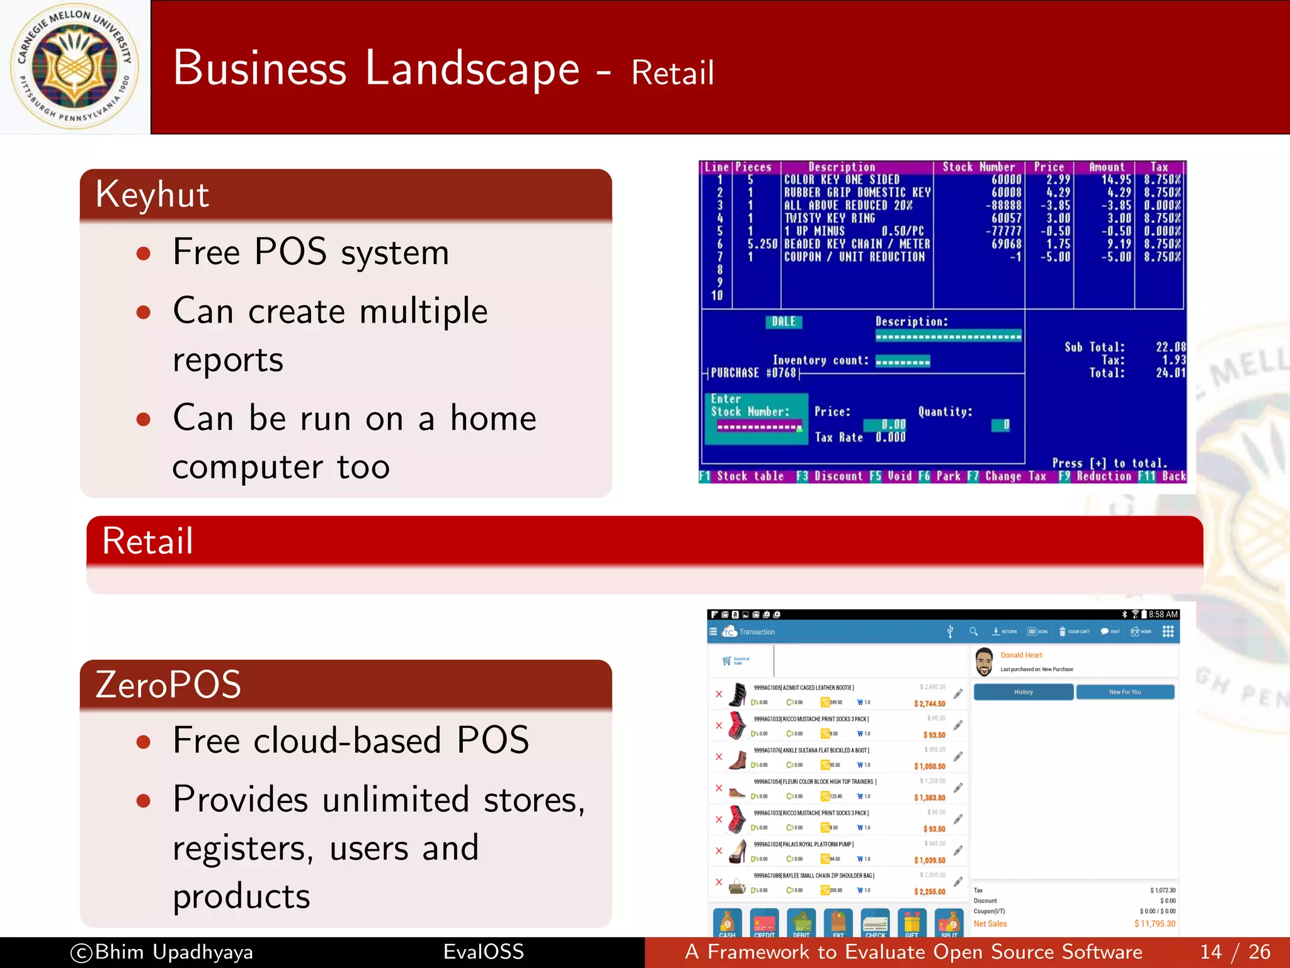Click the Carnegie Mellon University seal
(74, 66)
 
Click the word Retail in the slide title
(672, 72)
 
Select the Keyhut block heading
(152, 194)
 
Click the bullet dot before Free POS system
(144, 253)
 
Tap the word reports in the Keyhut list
(227, 360)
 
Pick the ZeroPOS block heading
(168, 684)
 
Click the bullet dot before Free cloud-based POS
(144, 742)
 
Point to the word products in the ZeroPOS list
(241, 896)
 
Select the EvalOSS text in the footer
(483, 952)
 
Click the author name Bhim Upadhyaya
(173, 952)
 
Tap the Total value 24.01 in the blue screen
(1170, 373)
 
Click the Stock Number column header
(978, 167)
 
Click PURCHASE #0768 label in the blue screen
(753, 373)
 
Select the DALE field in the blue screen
(784, 321)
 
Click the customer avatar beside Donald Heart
(984, 662)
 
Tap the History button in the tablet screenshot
(1023, 692)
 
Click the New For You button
(1125, 692)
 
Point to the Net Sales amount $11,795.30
(1155, 924)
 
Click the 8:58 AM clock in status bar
(1163, 614)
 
